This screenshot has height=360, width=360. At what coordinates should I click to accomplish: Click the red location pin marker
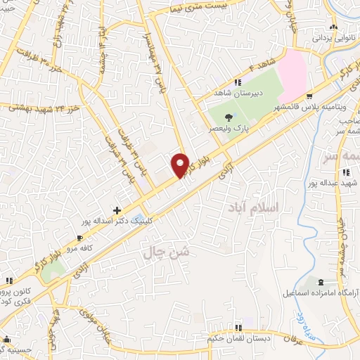[x=181, y=165]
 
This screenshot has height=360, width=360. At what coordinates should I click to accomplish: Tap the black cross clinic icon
[x=117, y=210]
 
